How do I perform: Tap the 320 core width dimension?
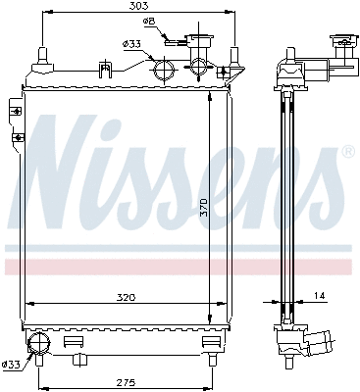(x=123, y=293)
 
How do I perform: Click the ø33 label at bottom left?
(x=12, y=366)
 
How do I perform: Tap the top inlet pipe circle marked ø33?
(x=163, y=70)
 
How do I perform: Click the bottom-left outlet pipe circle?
(x=39, y=343)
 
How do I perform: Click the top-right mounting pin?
(x=232, y=54)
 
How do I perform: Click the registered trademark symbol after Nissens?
(x=347, y=153)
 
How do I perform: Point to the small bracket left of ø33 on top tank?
(x=103, y=68)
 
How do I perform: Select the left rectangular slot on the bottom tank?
(x=71, y=342)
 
